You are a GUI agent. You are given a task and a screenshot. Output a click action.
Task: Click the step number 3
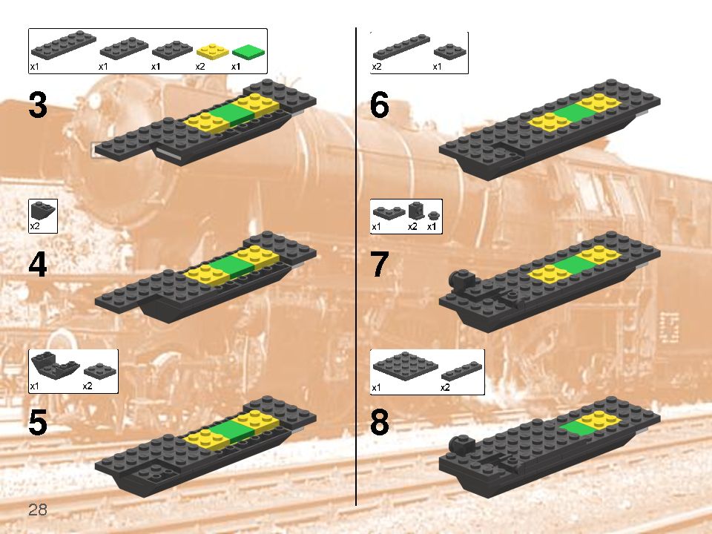pos(38,105)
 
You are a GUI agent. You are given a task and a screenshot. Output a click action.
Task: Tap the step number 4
pos(38,265)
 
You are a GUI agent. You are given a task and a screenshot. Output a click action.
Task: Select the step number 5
pos(38,422)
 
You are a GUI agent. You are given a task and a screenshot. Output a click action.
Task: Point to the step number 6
pos(380,105)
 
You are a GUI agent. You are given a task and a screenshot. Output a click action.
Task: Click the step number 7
pos(380,265)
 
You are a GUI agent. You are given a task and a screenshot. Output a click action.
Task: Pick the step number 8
pos(380,422)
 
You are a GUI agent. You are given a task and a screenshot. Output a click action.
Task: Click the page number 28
pos(38,510)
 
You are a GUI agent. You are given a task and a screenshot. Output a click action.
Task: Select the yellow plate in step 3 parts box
pos(213,52)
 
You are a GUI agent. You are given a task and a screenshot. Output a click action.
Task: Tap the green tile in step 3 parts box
pos(248,52)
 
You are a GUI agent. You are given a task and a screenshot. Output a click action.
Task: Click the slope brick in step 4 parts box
pos(43,211)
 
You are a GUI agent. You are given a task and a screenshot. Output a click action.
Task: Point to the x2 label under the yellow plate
pos(200,67)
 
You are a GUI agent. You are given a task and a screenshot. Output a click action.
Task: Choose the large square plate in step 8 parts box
pos(405,364)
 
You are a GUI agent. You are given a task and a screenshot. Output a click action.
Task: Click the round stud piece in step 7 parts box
pos(433,215)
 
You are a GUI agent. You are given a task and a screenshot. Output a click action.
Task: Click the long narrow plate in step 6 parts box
pos(401,47)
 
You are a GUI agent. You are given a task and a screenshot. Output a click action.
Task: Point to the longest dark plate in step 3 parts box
pos(64,44)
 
